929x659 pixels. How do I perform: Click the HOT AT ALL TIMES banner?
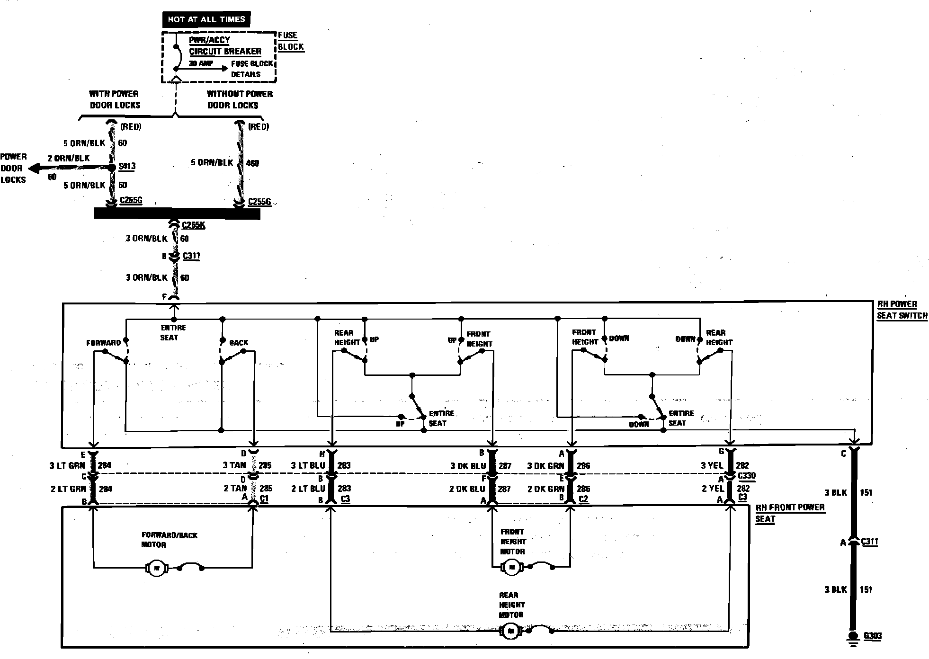206,19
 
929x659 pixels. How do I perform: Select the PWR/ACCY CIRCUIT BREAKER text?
225,46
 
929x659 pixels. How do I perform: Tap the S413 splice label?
127,166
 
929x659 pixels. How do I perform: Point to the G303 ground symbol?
853,637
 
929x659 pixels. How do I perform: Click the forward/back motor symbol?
156,568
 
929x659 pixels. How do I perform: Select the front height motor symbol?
511,567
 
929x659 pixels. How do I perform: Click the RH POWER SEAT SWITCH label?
902,310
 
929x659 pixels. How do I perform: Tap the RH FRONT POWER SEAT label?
789,513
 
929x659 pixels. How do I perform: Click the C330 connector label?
747,476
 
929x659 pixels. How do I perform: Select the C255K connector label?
193,225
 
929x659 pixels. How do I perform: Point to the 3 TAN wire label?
234,465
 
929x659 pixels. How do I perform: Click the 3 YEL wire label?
712,465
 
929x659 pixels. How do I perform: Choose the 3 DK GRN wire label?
545,466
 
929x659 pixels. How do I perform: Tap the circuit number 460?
252,163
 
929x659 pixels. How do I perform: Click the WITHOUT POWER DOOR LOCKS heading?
239,99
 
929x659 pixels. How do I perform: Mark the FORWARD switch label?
103,343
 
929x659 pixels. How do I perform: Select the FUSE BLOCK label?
290,41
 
